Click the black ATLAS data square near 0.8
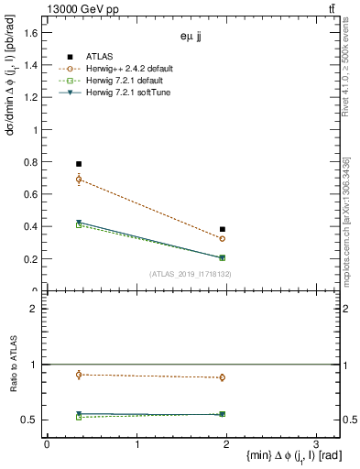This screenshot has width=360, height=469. (79, 164)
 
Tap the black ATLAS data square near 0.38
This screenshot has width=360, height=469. (223, 229)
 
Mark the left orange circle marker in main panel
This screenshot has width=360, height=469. (79, 180)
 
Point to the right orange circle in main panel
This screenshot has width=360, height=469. (223, 238)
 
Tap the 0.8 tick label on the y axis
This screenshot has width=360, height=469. (30, 162)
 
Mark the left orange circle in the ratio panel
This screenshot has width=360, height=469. (79, 374)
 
